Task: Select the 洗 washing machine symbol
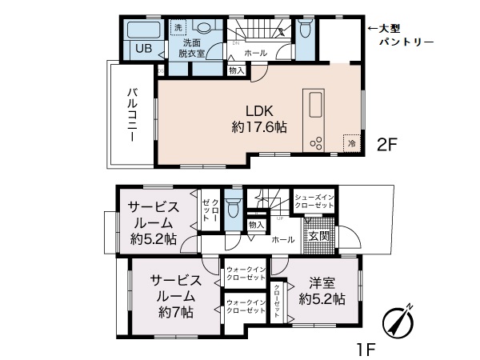[178, 27]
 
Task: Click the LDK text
[260, 111]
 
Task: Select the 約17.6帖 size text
[260, 127]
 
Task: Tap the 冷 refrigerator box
[350, 142]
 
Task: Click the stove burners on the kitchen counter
[314, 142]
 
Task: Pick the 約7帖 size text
[176, 313]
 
